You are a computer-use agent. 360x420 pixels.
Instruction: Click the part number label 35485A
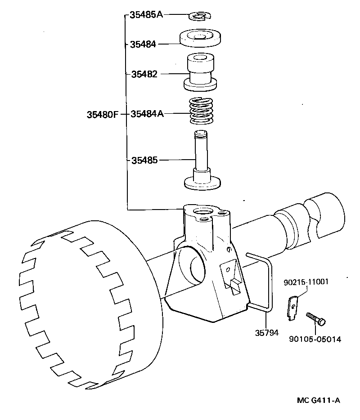coord(146,15)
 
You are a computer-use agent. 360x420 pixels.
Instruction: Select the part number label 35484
coord(143,44)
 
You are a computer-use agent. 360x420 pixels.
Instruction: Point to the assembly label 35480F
coord(102,114)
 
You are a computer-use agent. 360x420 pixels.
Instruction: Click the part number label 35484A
coord(147,114)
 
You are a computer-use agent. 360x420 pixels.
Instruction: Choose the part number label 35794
coord(266,333)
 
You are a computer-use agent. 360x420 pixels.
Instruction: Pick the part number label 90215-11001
coord(306,282)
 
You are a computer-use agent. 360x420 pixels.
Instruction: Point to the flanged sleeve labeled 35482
coord(200,72)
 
